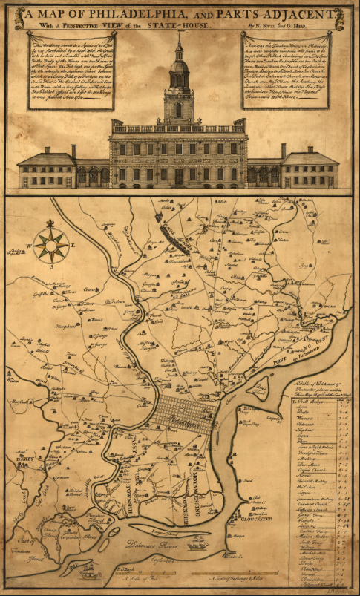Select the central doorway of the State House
(x=179, y=177)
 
